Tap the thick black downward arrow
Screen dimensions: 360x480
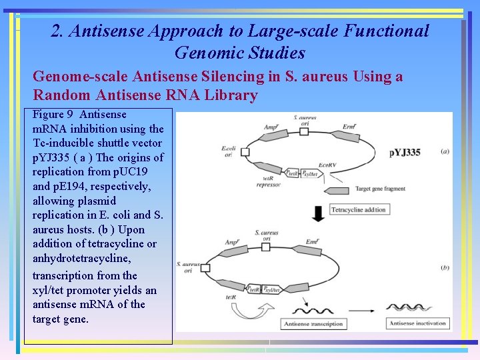tap(318, 213)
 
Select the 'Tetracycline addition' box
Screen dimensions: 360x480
tap(359, 210)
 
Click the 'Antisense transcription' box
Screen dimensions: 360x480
tap(313, 324)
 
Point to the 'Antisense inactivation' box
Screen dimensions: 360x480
tap(417, 324)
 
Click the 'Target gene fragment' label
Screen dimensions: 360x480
tap(380, 189)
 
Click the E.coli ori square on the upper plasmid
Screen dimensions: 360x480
tap(244, 152)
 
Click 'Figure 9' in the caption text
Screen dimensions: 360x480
tap(53, 115)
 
